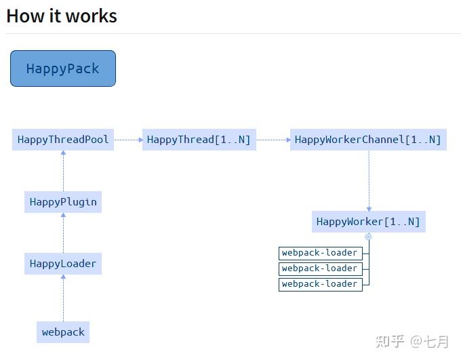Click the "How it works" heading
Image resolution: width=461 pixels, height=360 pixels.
point(62,16)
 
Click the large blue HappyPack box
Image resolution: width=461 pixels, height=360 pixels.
point(63,68)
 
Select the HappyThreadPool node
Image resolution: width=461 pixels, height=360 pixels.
point(63,140)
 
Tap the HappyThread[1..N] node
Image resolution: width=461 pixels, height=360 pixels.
point(199,140)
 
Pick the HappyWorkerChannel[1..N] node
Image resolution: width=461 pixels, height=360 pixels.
point(368,140)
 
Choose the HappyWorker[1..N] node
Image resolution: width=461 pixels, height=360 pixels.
point(368,222)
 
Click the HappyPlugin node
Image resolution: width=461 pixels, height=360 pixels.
point(63,202)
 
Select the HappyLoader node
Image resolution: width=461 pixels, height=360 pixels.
point(63,264)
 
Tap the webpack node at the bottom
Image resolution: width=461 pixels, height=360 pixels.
point(63,332)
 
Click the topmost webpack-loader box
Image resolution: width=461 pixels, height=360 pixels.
point(320,253)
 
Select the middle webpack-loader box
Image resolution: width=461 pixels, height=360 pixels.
point(320,268)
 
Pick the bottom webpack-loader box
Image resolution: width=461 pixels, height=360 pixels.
point(320,284)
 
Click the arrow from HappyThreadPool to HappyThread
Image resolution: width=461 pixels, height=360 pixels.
point(128,140)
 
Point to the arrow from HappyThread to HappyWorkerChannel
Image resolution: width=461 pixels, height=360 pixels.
point(273,140)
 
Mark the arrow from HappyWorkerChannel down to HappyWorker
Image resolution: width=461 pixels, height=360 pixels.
point(369,180)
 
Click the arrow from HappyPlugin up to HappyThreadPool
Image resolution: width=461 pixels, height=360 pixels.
point(63,171)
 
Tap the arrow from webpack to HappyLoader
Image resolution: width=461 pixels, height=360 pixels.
point(63,298)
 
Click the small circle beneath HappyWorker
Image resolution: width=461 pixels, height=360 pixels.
point(369,237)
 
